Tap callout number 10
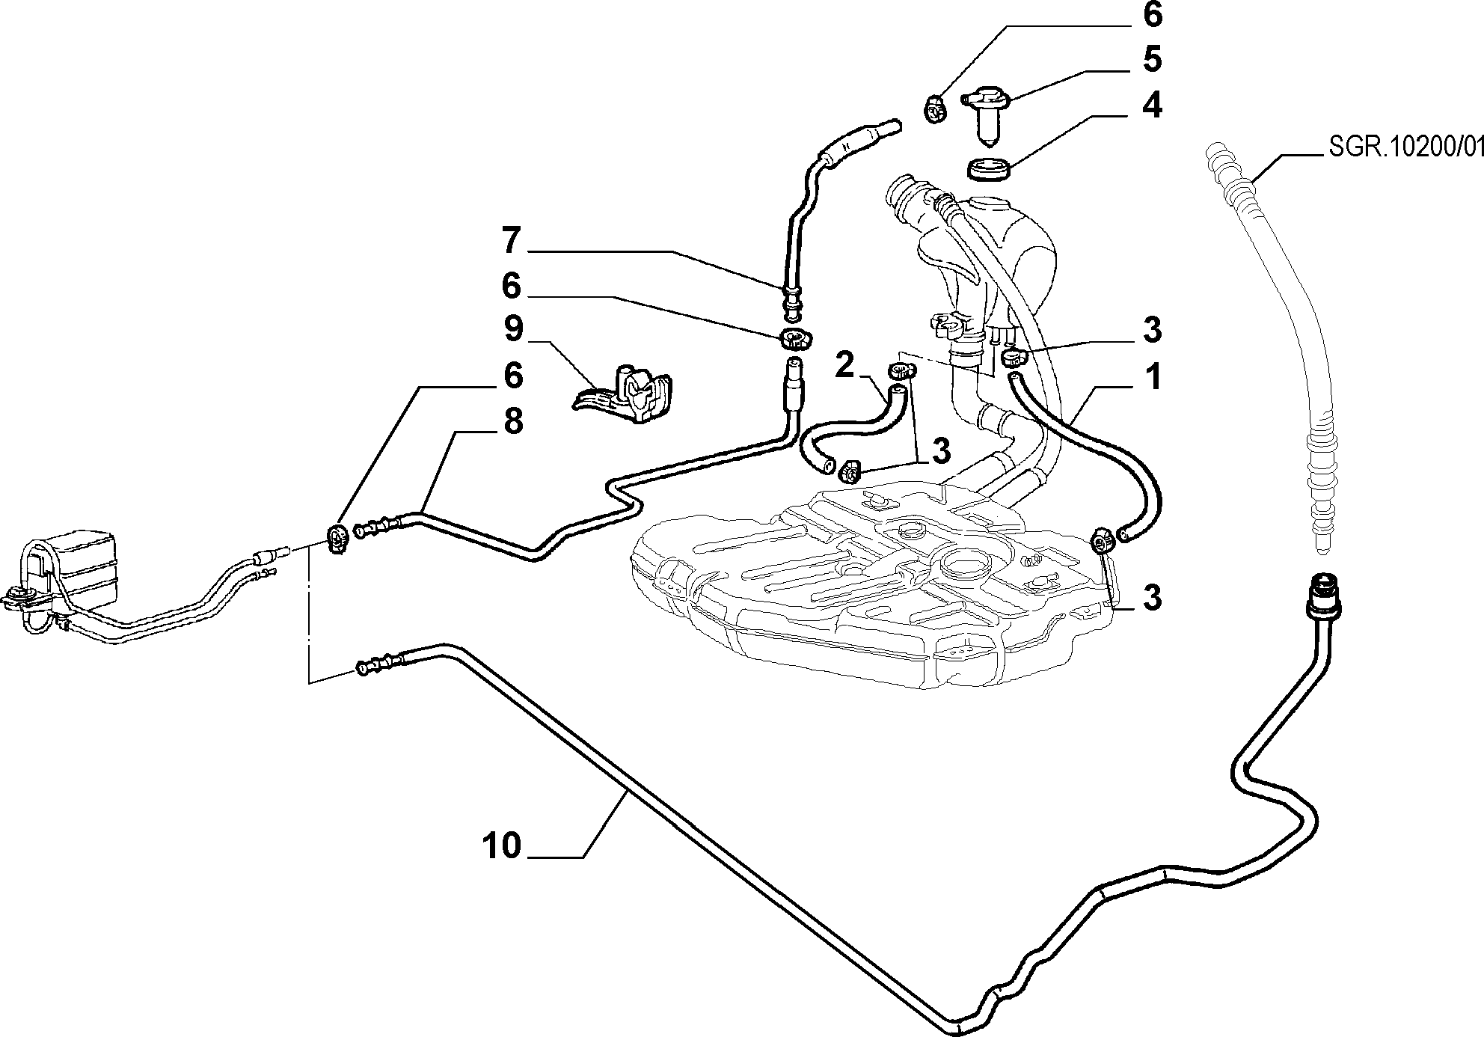(x=500, y=847)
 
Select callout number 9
(x=513, y=330)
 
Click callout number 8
(x=513, y=422)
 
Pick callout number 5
(x=1152, y=60)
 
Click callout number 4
(x=1152, y=105)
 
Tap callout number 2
(x=844, y=366)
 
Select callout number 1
(x=1153, y=378)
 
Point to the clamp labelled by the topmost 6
(x=934, y=109)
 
